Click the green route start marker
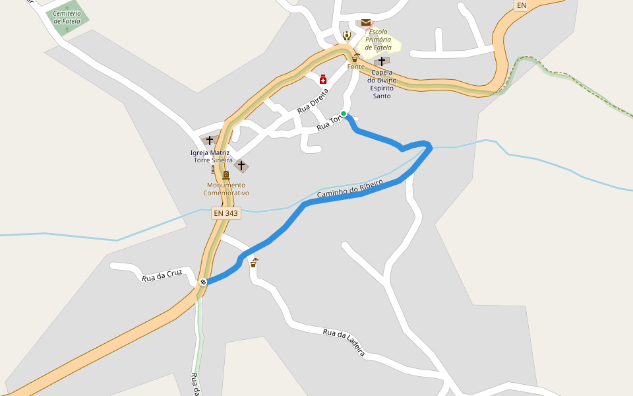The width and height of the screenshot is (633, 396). (344, 114)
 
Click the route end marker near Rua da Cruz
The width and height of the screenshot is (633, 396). (203, 282)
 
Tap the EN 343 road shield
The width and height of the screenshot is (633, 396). (226, 213)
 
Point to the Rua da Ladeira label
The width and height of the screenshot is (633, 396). (344, 342)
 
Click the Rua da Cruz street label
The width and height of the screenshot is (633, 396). (162, 276)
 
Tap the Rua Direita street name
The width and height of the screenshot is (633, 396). (313, 100)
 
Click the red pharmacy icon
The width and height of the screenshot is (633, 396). (323, 80)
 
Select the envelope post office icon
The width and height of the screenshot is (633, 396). (365, 22)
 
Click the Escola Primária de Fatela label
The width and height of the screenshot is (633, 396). (378, 40)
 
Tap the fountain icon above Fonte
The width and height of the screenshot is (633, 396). (355, 57)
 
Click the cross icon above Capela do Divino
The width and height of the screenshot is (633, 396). (381, 61)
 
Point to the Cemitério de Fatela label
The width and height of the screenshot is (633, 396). (67, 17)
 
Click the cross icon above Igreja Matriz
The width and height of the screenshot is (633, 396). (210, 141)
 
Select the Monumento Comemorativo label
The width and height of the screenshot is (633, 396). (226, 189)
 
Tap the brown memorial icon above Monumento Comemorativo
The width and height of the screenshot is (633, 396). (226, 175)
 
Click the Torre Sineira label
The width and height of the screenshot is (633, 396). (212, 160)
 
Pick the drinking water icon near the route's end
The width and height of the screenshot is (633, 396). (254, 263)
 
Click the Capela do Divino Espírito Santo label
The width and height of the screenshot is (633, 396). (382, 84)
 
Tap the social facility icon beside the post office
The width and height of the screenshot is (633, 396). (347, 35)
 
